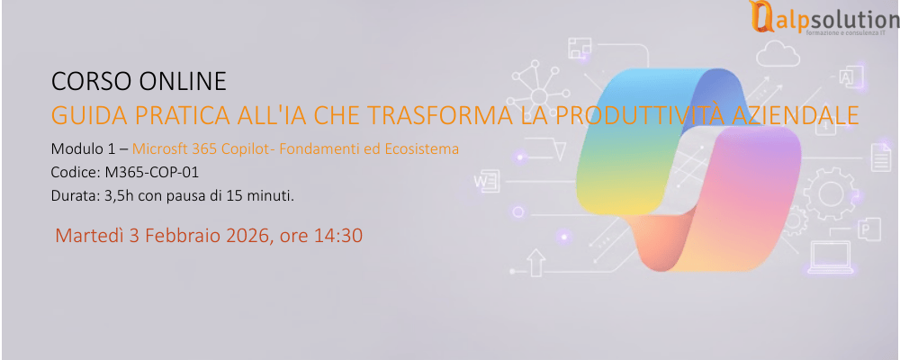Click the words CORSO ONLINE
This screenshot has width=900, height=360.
click(139, 83)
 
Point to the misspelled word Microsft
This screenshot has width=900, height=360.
click(161, 148)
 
